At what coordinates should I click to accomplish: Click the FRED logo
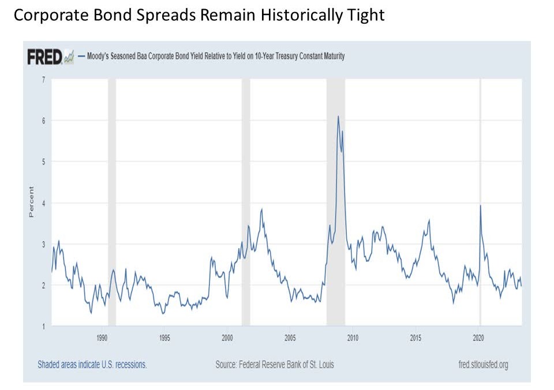pyautogui.click(x=45, y=57)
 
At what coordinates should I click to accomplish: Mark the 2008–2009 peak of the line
pyautogui.click(x=338, y=117)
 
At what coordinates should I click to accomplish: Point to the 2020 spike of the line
pyautogui.click(x=481, y=205)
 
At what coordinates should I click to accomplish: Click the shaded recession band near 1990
pyautogui.click(x=112, y=202)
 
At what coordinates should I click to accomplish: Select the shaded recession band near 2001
pyautogui.click(x=246, y=202)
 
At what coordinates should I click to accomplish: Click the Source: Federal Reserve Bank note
pyautogui.click(x=275, y=365)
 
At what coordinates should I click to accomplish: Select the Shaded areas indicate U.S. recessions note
pyautogui.click(x=92, y=365)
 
